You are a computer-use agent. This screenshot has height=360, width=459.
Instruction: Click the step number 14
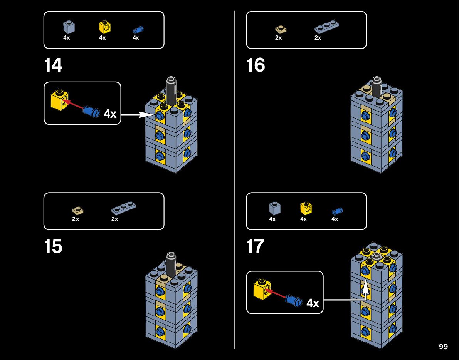coord(53,65)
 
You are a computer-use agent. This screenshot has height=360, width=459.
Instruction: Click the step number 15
coord(53,246)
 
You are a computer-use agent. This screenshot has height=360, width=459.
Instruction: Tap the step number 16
coord(256,65)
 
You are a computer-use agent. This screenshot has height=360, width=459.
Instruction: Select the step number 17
coord(255,246)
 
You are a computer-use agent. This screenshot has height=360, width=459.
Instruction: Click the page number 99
coord(443,347)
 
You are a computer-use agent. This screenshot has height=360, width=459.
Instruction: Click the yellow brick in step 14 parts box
coord(104,27)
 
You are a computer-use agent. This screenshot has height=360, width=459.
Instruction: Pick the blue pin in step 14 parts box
coord(138,30)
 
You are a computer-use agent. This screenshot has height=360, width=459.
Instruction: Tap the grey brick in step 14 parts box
coord(69,27)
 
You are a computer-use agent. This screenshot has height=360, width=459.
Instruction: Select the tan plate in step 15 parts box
coord(78,210)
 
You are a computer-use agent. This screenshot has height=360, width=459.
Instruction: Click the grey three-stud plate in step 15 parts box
coord(124,208)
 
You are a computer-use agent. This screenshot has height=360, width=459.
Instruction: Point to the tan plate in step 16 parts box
coord(281,29)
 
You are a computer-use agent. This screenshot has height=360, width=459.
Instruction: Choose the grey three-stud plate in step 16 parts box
coord(326,27)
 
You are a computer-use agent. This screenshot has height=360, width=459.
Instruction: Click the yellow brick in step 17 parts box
coord(306,208)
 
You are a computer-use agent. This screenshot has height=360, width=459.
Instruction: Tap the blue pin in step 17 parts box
coord(337,211)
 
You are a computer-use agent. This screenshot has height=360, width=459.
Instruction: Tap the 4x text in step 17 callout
coord(313,303)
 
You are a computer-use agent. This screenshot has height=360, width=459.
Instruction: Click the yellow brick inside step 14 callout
coord(60,100)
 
